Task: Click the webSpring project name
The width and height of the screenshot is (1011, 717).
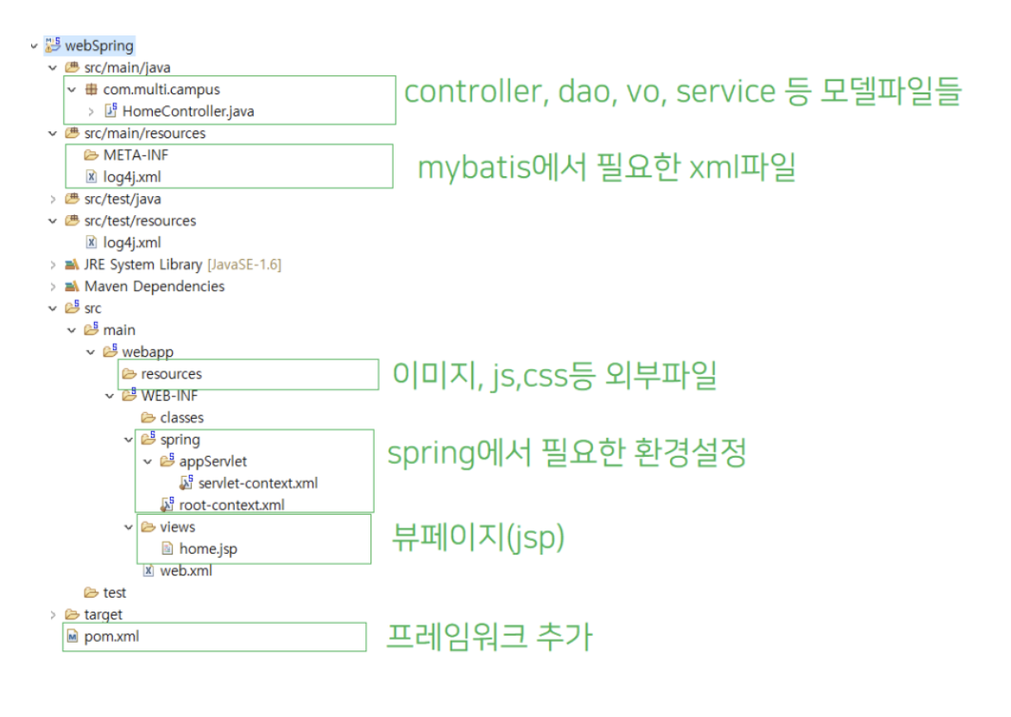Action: [99, 45]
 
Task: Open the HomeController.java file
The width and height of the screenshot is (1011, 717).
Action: [187, 111]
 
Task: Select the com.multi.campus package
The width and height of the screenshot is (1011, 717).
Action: [161, 89]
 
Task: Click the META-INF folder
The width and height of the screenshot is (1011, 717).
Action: [130, 155]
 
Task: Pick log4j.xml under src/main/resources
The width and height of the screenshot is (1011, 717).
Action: [131, 177]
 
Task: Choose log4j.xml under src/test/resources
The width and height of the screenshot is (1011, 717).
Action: [131, 243]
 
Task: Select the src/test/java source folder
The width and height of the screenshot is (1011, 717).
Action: [122, 199]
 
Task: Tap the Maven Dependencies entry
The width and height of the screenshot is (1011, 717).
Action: [154, 286]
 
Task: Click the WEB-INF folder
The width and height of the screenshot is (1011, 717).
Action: [168, 396]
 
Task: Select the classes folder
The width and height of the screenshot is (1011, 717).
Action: [181, 417]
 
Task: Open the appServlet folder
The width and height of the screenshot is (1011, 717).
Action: [212, 461]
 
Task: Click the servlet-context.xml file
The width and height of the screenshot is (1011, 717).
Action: [257, 483]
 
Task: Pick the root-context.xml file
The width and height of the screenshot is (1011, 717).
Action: [231, 504]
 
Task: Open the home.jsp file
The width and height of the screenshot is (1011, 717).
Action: [207, 549]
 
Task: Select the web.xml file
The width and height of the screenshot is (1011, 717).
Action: [186, 570]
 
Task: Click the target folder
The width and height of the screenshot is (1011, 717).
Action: [103, 614]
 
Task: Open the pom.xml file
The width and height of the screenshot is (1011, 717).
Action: [111, 637]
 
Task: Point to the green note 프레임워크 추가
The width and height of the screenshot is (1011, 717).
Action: [489, 637]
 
